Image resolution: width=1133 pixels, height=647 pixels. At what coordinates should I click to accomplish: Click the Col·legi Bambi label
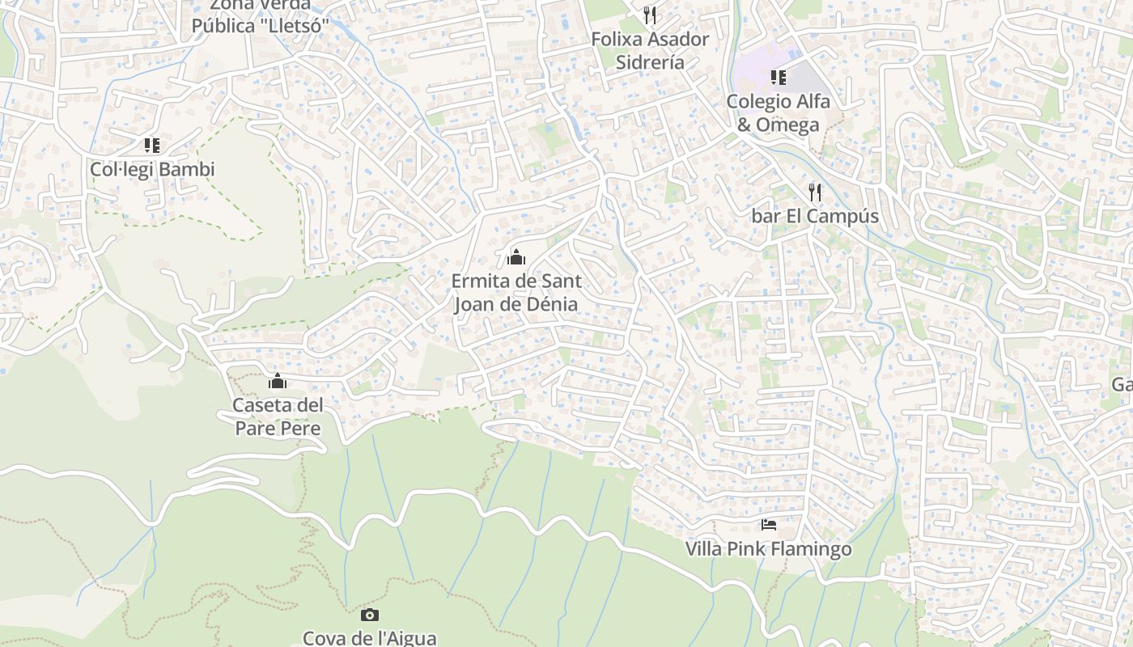tap(152, 170)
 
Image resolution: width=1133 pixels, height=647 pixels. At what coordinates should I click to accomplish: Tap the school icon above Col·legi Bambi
tap(152, 146)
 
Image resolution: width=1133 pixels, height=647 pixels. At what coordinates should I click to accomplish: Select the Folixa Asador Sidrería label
tap(650, 50)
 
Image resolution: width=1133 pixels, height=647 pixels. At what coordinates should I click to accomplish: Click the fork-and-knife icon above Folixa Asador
tap(650, 15)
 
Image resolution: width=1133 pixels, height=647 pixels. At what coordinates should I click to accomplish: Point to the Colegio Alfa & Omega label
tap(778, 113)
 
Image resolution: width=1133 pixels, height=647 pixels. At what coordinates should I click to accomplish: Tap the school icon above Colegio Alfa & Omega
tap(778, 78)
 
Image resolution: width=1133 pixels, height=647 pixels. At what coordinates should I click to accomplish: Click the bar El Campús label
tap(815, 217)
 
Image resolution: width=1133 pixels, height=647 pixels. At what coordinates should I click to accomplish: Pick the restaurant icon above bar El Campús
tap(815, 192)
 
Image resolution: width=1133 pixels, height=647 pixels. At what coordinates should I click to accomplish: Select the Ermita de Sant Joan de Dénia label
tap(516, 293)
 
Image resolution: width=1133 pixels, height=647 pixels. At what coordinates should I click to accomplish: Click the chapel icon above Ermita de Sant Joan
tap(516, 258)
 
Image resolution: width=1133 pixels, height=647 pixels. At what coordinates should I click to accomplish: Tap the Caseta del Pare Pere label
tap(278, 417)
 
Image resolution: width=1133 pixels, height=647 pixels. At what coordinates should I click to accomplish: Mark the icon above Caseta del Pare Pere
tap(278, 381)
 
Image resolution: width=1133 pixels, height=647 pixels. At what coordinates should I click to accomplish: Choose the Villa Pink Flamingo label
tap(768, 549)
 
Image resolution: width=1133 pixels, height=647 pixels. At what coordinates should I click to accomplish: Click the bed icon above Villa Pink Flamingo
tap(769, 525)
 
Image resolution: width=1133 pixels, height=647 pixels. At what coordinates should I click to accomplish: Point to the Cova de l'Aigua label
tap(370, 638)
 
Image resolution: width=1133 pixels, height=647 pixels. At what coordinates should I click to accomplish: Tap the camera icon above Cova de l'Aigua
tap(370, 615)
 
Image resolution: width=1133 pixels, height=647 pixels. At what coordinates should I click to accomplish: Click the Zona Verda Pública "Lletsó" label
tap(261, 16)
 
